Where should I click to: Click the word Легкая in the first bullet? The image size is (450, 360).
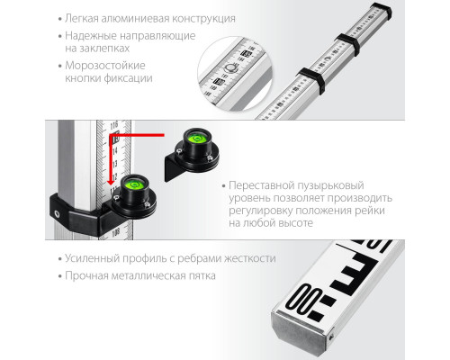(81, 19)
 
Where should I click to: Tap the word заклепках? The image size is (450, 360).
(97, 49)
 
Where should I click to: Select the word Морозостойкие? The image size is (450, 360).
(105, 66)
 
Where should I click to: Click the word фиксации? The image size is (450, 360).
(129, 78)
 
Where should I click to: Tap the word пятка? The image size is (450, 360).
(202, 276)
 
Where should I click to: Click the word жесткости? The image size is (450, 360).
(250, 258)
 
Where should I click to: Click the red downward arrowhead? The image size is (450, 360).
(112, 182)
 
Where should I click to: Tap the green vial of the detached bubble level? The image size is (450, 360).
(196, 139)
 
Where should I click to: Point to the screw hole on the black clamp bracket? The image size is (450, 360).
(57, 214)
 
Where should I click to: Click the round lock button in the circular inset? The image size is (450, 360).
(230, 68)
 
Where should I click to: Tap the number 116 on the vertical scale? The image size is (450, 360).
(114, 125)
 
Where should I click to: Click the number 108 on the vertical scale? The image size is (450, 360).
(115, 233)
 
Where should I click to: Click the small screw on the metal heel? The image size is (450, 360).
(330, 337)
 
